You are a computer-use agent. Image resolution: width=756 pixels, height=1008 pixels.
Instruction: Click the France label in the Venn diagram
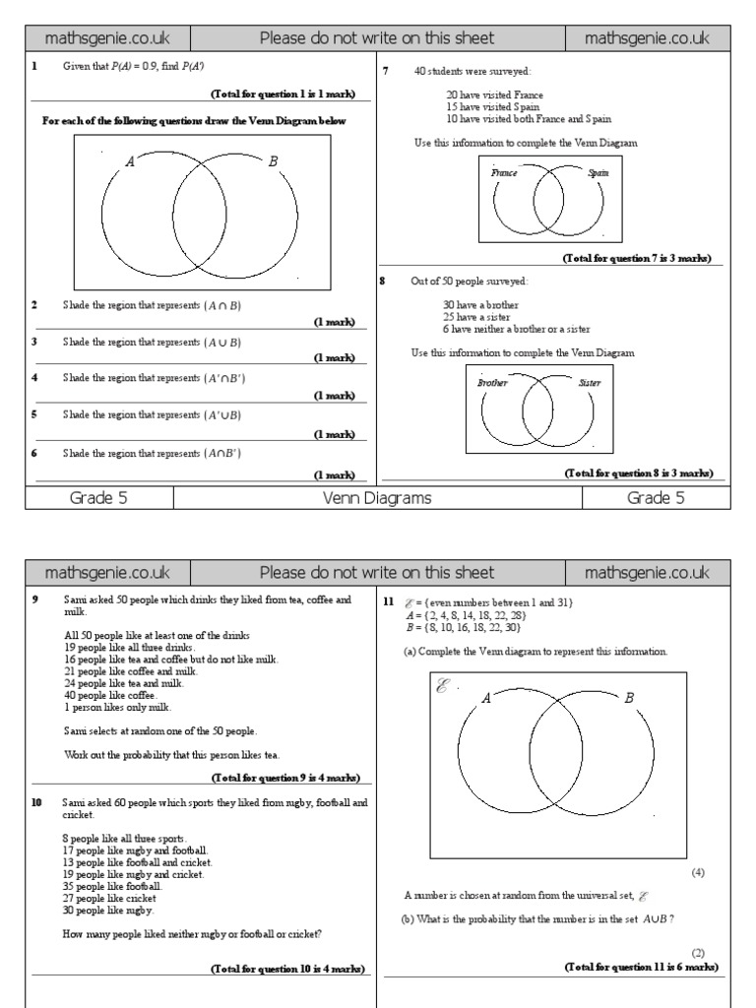[x=504, y=172]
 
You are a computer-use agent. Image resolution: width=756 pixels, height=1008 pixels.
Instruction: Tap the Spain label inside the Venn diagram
[x=598, y=172]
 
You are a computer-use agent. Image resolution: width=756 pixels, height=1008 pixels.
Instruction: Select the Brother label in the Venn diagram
[x=492, y=383]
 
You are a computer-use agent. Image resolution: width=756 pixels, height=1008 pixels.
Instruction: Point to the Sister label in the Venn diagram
[x=590, y=383]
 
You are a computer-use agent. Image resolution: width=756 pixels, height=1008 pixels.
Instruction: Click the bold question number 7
[x=386, y=71]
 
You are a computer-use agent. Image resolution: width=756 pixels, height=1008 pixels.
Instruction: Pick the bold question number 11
[x=389, y=600]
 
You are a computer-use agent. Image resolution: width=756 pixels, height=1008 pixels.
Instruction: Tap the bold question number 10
[x=35, y=803]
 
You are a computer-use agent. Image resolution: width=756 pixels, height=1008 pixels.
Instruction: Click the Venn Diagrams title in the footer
[x=377, y=498]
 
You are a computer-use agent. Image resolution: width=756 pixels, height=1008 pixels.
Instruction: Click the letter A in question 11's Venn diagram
[x=485, y=699]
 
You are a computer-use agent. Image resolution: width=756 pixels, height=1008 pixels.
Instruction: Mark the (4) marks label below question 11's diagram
[x=698, y=872]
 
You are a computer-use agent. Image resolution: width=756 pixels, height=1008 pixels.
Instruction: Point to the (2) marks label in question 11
[x=698, y=954]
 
